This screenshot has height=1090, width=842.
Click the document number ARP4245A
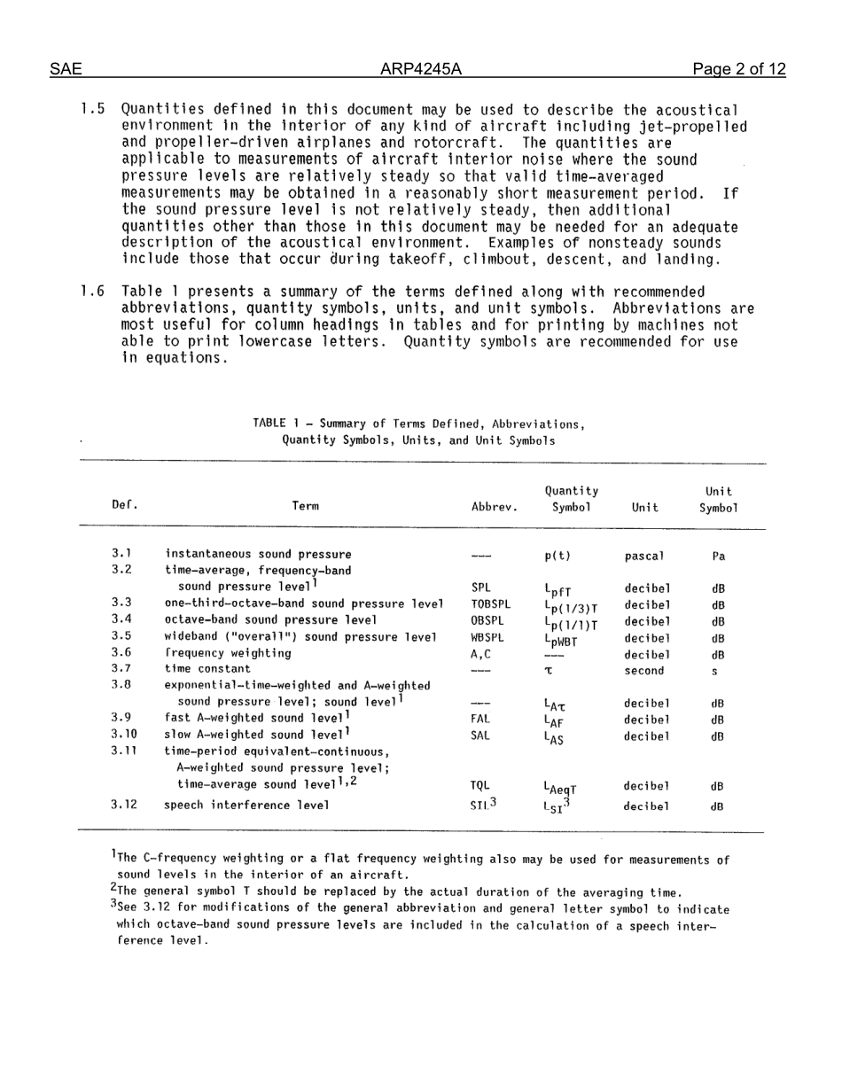(421, 69)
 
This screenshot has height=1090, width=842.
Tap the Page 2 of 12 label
(739, 69)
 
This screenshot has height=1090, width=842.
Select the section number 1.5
(93, 111)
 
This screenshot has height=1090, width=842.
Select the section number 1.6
(93, 292)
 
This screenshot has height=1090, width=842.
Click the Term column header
(305, 507)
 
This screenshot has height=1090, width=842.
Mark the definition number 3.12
(124, 805)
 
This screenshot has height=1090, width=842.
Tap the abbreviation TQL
(481, 785)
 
